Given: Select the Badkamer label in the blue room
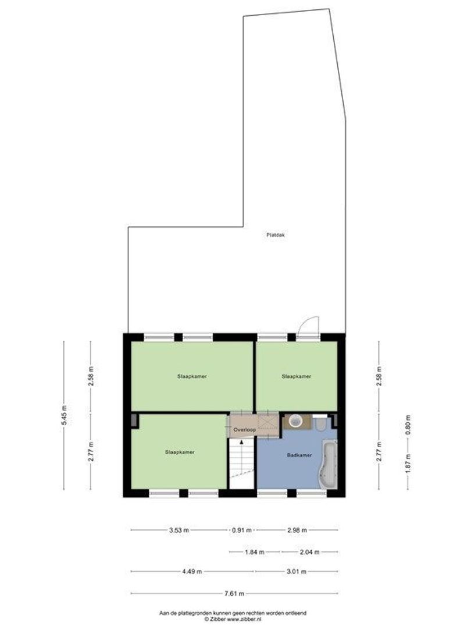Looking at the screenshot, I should pyautogui.click(x=299, y=455).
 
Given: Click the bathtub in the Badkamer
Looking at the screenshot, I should pyautogui.click(x=329, y=465).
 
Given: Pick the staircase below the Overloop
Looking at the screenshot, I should pyautogui.click(x=242, y=464).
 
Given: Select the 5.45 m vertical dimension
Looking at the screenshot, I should pyautogui.click(x=65, y=415).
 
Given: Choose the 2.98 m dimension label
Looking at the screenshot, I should pyautogui.click(x=297, y=530).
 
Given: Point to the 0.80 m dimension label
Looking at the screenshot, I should pyautogui.click(x=408, y=425).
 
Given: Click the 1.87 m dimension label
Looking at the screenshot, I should pyautogui.click(x=408, y=462).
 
